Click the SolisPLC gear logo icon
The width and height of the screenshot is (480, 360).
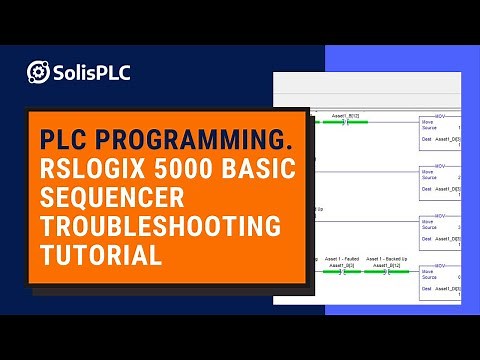click(39, 73)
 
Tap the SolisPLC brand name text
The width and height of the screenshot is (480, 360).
click(91, 73)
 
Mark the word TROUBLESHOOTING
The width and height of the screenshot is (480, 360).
click(161, 225)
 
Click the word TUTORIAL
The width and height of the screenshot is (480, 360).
click(101, 254)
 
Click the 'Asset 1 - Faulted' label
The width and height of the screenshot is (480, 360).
click(343, 258)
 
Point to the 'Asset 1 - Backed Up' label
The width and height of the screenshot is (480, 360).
click(387, 258)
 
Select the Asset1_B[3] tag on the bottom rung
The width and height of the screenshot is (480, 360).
click(343, 264)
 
